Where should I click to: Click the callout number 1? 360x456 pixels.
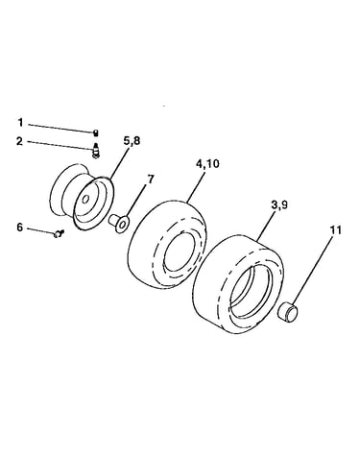coord(20,122)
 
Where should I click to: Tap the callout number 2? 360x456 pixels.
coord(20,141)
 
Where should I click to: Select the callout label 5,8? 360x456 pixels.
coord(131,141)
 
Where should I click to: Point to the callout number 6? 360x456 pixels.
coord(20,228)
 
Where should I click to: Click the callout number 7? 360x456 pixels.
coord(151,180)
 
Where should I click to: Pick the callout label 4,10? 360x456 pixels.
coord(207,164)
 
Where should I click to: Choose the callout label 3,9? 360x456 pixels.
coord(279,205)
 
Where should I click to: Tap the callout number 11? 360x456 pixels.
coord(333,229)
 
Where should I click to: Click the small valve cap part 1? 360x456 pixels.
coord(95,132)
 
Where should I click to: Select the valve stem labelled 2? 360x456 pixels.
coord(95,151)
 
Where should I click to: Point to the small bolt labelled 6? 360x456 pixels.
coord(59,234)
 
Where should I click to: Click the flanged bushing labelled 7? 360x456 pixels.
coord(119,223)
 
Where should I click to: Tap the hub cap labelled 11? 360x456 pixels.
coord(288,312)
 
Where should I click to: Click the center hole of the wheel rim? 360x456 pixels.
coord(85,200)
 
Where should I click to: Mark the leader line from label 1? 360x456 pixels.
coord(60,128)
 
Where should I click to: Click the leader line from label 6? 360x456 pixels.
coord(41,231)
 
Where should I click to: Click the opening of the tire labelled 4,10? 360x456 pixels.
coord(180,252)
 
